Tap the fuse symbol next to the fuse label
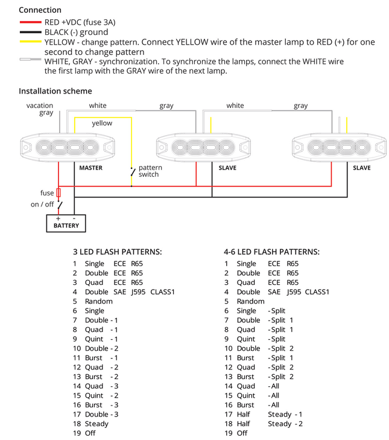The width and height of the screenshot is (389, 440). pyautogui.click(x=59, y=193)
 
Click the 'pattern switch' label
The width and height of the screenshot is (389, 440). pyautogui.click(x=148, y=171)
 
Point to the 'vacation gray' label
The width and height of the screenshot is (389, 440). pyautogui.click(x=40, y=109)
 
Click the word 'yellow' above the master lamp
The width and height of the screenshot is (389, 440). pyautogui.click(x=102, y=123)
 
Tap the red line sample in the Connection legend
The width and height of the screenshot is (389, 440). pyautogui.click(x=31, y=22)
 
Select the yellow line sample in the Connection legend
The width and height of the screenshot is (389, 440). pyautogui.click(x=31, y=42)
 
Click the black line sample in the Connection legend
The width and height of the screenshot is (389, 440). pyautogui.click(x=31, y=32)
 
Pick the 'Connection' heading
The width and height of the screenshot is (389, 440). pyautogui.click(x=40, y=10)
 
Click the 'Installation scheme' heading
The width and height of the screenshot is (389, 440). pyautogui.click(x=55, y=91)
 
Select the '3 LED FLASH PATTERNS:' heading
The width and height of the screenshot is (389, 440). pyautogui.click(x=117, y=252)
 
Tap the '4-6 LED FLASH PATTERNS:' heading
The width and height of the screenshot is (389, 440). pyautogui.click(x=271, y=252)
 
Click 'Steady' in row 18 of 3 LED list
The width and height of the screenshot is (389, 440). pyautogui.click(x=97, y=424)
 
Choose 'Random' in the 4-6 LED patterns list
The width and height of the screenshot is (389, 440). pyautogui.click(x=250, y=301)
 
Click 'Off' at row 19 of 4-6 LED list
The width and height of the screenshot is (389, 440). pyautogui.click(x=242, y=433)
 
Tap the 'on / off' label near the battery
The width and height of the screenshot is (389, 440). pyautogui.click(x=42, y=205)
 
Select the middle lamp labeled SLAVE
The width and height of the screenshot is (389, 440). pyautogui.click(x=203, y=147)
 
